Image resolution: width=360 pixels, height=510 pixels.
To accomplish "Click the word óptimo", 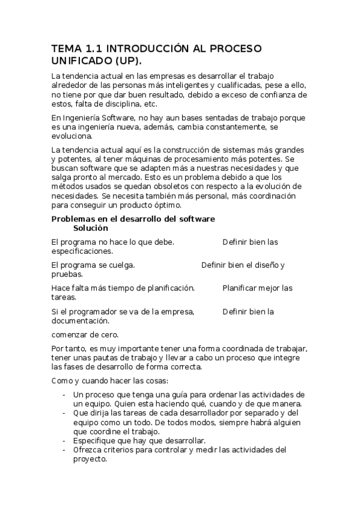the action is [x=142, y=205].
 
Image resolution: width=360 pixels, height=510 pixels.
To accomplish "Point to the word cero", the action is [x=109, y=334].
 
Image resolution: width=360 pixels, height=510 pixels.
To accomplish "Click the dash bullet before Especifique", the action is [x=64, y=440].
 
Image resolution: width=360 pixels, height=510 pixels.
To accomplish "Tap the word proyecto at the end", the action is [x=90, y=458].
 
